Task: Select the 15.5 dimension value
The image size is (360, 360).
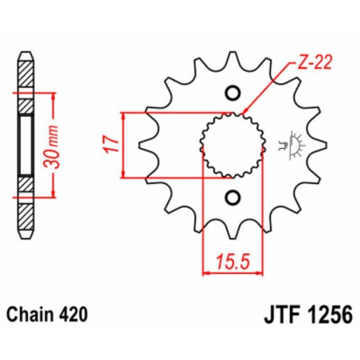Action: pos(229,260)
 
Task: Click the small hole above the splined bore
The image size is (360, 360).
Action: pos(233,93)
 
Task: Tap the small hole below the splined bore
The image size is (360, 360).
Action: pos(233,197)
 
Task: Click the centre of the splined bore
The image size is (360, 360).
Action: pos(233,145)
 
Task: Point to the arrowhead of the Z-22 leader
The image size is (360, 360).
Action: pos(245,111)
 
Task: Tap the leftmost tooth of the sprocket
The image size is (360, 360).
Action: pos(147,145)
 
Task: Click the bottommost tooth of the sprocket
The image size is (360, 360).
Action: pos(233,231)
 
